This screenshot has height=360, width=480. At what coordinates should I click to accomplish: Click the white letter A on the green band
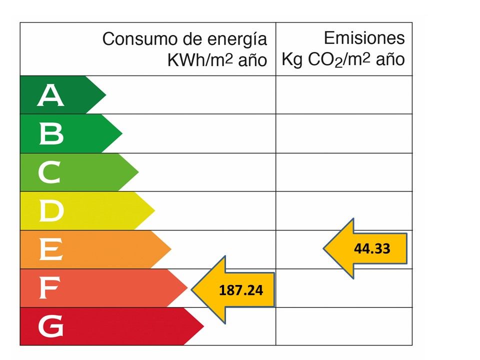pos(50,95)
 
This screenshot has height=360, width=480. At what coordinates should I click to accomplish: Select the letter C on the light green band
pos(49,172)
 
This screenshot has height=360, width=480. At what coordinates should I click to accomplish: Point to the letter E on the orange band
pos(50,250)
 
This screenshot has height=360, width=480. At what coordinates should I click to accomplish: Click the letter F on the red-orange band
pos(49,288)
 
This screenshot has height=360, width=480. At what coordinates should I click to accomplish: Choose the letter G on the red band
pos(50,327)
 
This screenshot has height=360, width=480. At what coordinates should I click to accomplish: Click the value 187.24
pos(241,289)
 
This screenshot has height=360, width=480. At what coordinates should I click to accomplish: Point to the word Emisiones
pos(364,38)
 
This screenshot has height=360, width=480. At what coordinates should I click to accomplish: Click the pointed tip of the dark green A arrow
pos(105,94)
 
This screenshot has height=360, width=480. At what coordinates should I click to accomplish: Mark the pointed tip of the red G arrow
pos(203,326)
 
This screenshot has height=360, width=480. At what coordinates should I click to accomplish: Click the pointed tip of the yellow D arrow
pos(154,211)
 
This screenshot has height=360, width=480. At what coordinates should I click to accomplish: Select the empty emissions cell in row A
pos(344,95)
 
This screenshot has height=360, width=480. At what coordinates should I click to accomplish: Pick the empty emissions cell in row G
pos(344,326)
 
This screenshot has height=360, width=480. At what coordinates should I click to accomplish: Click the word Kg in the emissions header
pos(291,60)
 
